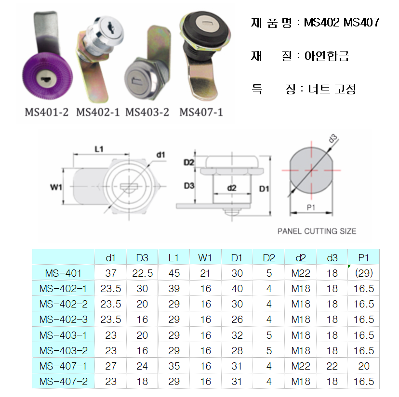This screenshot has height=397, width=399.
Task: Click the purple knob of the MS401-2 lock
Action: (48, 76)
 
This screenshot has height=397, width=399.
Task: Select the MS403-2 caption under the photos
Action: (147, 112)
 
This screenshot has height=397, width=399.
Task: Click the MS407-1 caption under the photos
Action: (201, 112)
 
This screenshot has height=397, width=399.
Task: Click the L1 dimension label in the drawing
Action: (99, 149)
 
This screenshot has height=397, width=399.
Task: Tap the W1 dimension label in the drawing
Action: (56, 187)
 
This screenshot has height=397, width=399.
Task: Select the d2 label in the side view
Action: (232, 188)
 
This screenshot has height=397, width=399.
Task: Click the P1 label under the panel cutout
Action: (311, 208)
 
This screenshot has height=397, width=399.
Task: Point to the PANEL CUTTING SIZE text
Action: (317, 231)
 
